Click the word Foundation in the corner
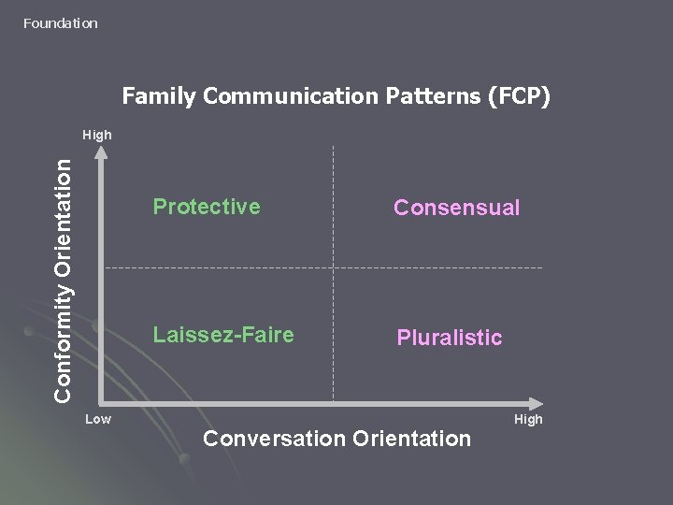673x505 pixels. click(x=61, y=22)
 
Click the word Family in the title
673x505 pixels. click(x=153, y=96)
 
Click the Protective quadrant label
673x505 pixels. click(x=207, y=207)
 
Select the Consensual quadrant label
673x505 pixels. click(x=456, y=208)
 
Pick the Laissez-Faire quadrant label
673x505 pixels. click(x=223, y=334)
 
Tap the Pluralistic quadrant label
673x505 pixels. click(x=450, y=338)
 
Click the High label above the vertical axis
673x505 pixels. click(x=97, y=136)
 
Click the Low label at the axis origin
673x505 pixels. click(x=98, y=419)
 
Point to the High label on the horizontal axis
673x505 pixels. click(x=528, y=419)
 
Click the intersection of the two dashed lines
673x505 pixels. click(x=332, y=267)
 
